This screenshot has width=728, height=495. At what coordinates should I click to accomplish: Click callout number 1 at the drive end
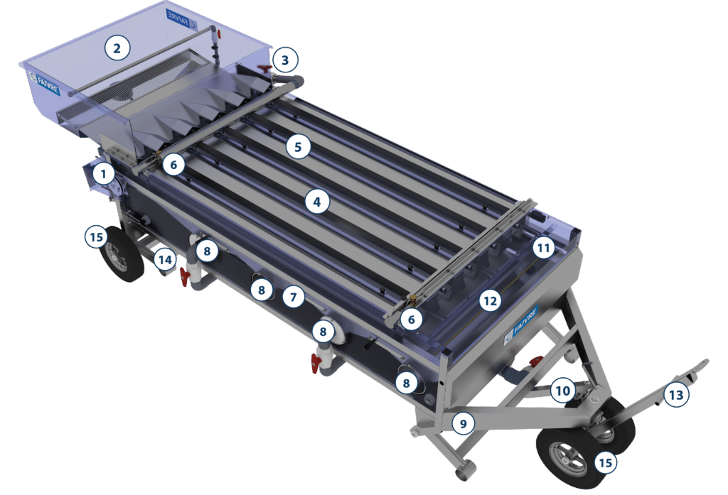(x=104, y=173)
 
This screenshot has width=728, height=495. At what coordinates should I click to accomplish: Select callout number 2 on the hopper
(x=117, y=48)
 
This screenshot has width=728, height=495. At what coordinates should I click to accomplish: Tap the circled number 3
(x=284, y=60)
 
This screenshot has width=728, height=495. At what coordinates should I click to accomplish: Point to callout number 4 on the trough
(x=317, y=202)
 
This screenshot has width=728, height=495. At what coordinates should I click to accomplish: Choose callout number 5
(x=298, y=147)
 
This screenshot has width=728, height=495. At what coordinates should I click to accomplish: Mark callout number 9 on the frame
(x=463, y=424)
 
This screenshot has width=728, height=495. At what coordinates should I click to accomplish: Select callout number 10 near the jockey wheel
(x=562, y=390)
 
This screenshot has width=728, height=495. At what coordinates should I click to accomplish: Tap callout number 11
(x=543, y=248)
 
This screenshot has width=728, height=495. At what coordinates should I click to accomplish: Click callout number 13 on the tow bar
(x=675, y=394)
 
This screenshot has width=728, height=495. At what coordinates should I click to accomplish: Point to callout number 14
(x=165, y=260)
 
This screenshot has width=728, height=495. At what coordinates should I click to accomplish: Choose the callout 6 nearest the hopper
(x=173, y=165)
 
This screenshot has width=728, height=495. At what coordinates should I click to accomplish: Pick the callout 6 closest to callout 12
(x=411, y=320)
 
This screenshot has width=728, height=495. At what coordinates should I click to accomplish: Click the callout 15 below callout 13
(x=605, y=463)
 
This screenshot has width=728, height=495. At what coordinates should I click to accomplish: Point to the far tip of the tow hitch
(x=706, y=362)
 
